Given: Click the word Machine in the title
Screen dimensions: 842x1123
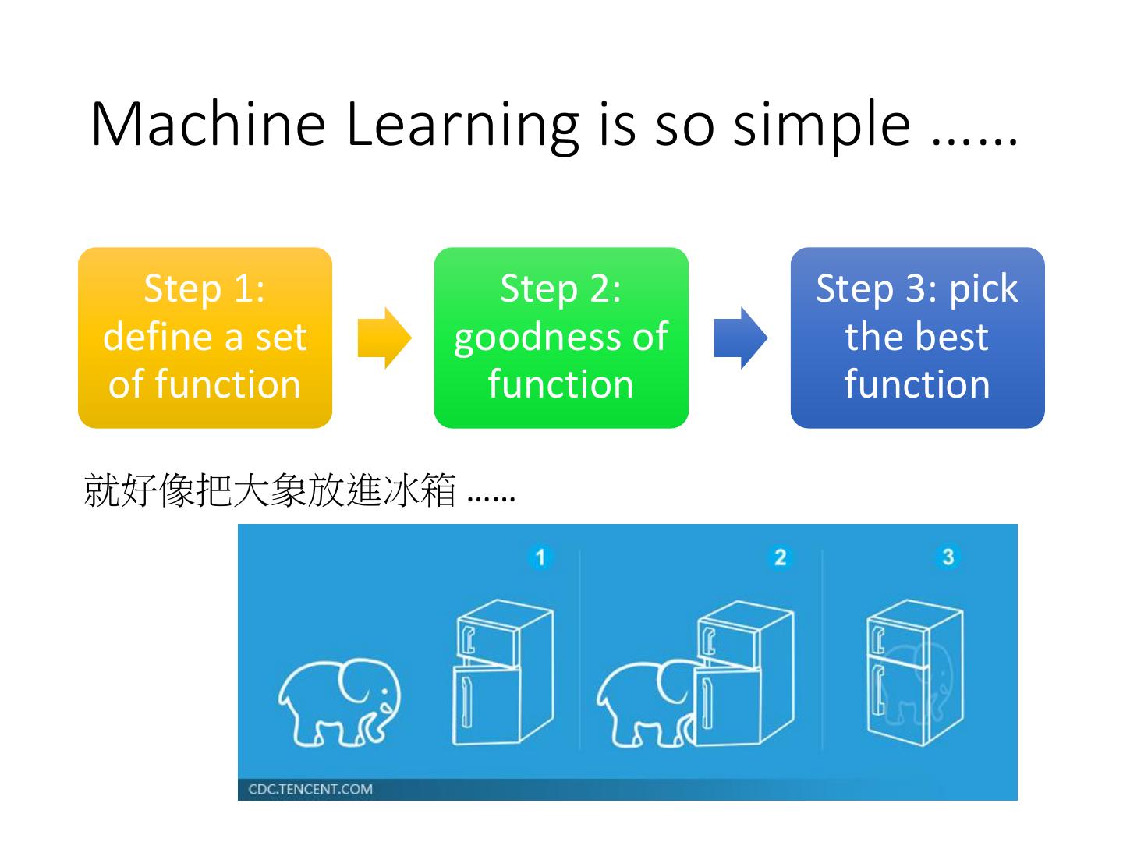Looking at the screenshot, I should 207,124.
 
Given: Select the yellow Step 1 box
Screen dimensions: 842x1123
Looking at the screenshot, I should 205,338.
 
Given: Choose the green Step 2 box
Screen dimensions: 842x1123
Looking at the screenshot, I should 561,338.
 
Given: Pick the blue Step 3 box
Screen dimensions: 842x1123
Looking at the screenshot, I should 917,338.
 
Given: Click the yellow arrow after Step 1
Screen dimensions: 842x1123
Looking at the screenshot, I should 384,338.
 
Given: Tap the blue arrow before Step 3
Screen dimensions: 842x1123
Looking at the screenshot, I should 740,338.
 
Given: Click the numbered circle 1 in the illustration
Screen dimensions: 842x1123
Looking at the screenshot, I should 539,557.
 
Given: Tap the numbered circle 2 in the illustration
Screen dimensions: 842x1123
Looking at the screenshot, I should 779,557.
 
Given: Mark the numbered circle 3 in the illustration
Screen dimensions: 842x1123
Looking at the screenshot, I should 948,557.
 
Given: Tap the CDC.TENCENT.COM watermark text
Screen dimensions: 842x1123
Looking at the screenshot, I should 310,789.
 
